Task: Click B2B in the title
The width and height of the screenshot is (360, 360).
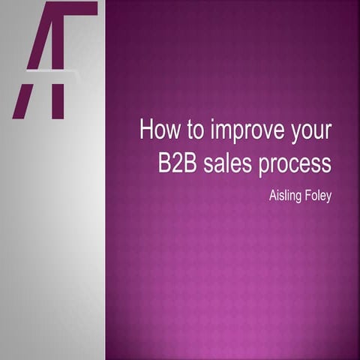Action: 178,163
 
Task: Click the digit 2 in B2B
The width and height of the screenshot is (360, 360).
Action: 178,163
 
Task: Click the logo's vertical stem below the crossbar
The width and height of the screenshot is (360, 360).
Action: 58,97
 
